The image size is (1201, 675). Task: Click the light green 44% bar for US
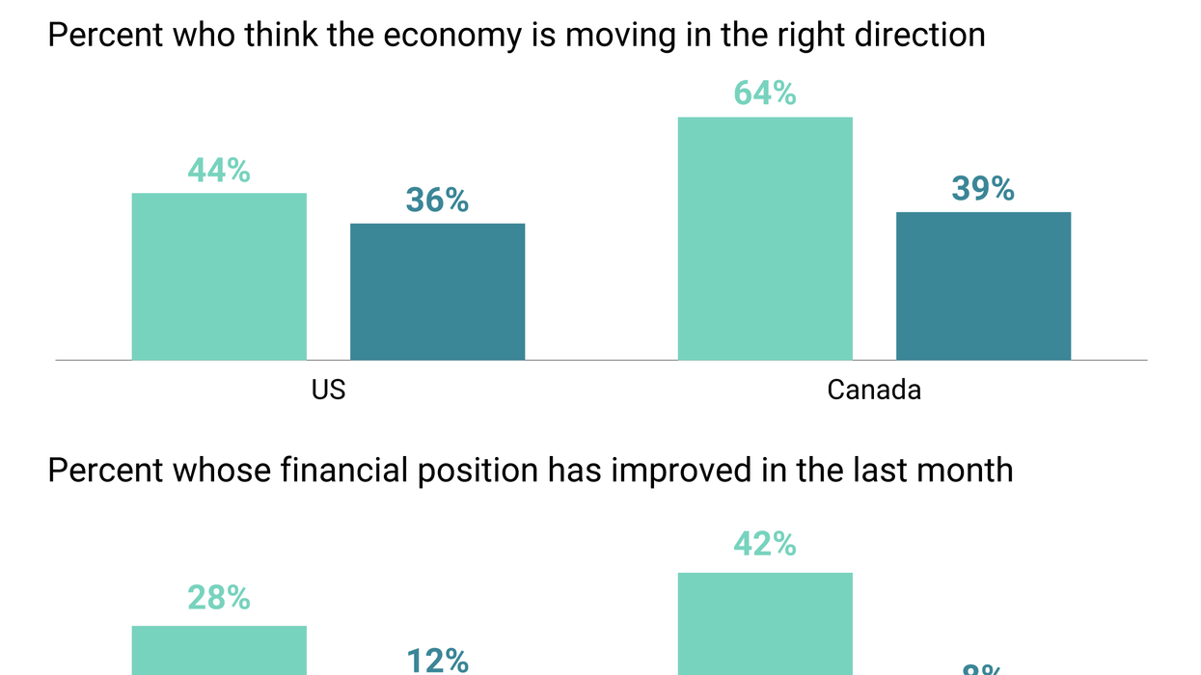coord(219,277)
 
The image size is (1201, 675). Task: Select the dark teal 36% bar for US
coord(437,291)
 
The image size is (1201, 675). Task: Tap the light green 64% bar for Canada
coord(765,238)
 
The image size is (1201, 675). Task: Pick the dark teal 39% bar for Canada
coord(983,285)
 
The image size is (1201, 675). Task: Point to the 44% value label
coord(219,171)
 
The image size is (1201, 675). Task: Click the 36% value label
coord(437,201)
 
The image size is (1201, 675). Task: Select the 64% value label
coord(765,94)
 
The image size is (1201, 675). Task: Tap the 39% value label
coord(983,189)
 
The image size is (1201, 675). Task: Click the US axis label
coord(328,390)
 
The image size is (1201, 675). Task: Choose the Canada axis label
coord(874,390)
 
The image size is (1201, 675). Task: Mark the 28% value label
coord(219,599)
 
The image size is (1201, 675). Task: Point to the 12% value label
coord(437,661)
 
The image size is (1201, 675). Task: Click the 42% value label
coord(765,545)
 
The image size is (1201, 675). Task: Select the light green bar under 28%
coord(219,651)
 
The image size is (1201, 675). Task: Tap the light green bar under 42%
coord(765,624)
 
